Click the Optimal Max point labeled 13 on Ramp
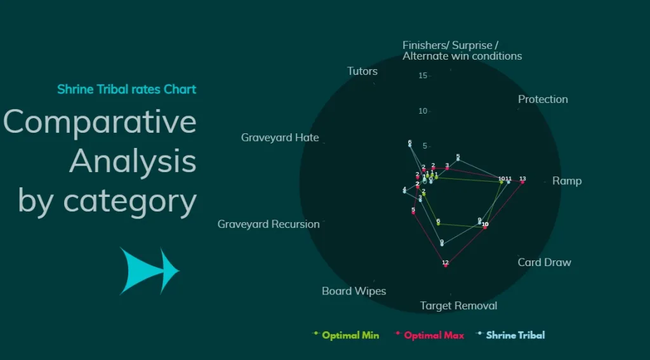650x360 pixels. pos(522,182)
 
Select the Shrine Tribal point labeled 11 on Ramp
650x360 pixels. pos(508,182)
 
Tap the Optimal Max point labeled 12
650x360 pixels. pos(446,265)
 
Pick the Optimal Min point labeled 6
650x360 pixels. pos(438,223)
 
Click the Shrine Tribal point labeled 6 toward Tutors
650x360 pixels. pos(409,145)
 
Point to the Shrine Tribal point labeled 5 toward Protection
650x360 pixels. pos(458,159)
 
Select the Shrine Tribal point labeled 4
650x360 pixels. pos(404,191)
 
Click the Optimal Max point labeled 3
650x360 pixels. pos(447,168)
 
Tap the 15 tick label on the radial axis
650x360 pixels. pos(423,76)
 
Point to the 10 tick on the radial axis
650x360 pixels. pos(423,111)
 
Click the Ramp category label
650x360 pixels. pos(567,181)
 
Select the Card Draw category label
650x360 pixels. pos(544,262)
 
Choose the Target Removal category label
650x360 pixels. pos(458,306)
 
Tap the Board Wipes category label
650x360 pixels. pos(354,291)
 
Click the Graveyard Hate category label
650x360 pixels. pos(280,138)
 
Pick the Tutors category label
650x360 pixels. pos(362,71)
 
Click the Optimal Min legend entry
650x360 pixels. pos(350,335)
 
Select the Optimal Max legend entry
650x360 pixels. pos(433,335)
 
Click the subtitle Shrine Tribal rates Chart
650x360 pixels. pos(126,89)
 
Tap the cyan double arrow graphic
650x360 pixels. pos(149,271)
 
